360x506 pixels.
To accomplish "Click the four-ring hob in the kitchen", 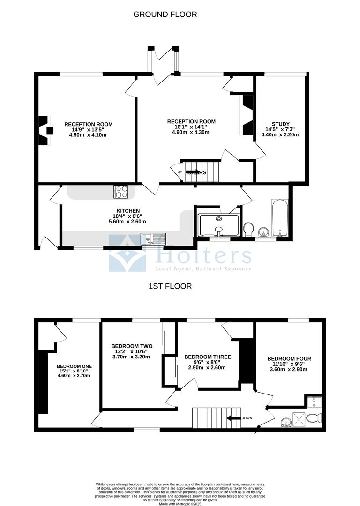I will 121,191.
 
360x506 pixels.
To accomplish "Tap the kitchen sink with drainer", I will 153,239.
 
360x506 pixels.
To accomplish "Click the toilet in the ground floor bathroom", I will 249,229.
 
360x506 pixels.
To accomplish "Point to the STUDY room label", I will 280,124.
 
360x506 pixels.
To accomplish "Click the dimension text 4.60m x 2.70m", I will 74,375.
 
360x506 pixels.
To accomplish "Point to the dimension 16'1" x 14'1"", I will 188,127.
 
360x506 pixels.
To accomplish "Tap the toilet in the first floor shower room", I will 319,418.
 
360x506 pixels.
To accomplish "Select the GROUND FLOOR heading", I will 165,15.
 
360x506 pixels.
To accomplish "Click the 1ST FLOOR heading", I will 170,286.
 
